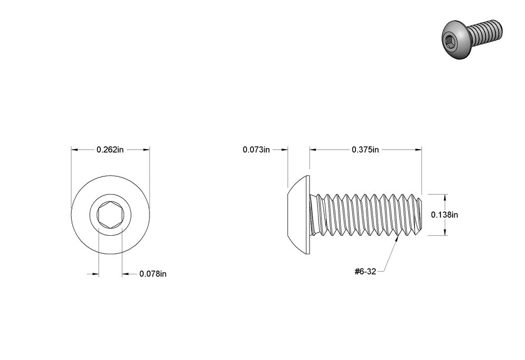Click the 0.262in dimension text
110,150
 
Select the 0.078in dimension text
153,274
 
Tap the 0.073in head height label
256,150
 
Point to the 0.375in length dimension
365,150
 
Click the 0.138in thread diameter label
444,215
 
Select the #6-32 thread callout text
365,272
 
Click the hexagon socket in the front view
110,215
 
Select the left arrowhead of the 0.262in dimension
74,150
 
